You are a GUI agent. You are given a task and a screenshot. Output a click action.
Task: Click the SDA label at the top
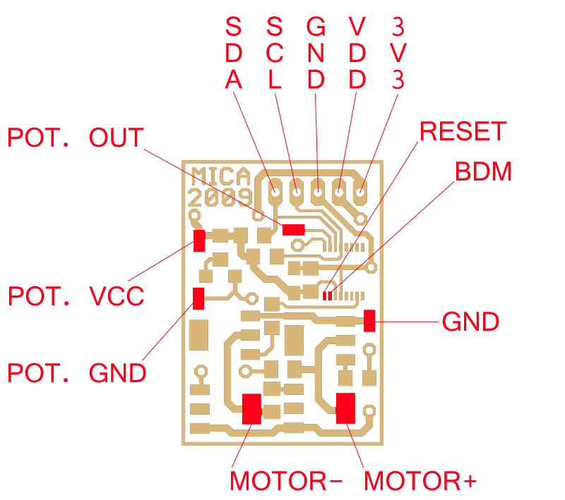[233, 54]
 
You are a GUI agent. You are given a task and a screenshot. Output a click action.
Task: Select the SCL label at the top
[275, 54]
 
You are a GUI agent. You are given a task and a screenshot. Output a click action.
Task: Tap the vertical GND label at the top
[316, 54]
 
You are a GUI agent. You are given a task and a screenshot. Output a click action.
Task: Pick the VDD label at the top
[357, 54]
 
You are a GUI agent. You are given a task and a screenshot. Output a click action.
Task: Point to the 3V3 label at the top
[399, 54]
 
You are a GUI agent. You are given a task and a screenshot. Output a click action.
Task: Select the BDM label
[483, 171]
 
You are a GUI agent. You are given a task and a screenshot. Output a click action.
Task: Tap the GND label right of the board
[470, 322]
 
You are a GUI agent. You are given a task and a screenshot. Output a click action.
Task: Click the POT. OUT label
[76, 138]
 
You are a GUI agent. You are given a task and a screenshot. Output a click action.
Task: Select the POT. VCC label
[76, 296]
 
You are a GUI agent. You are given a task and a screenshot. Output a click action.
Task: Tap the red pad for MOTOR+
[345, 408]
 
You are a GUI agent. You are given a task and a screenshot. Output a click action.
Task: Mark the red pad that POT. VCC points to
[200, 240]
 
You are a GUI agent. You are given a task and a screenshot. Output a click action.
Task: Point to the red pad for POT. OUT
[293, 230]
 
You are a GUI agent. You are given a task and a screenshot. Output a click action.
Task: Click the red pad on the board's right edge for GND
[369, 321]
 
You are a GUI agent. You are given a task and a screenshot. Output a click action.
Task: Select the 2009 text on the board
[220, 196]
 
